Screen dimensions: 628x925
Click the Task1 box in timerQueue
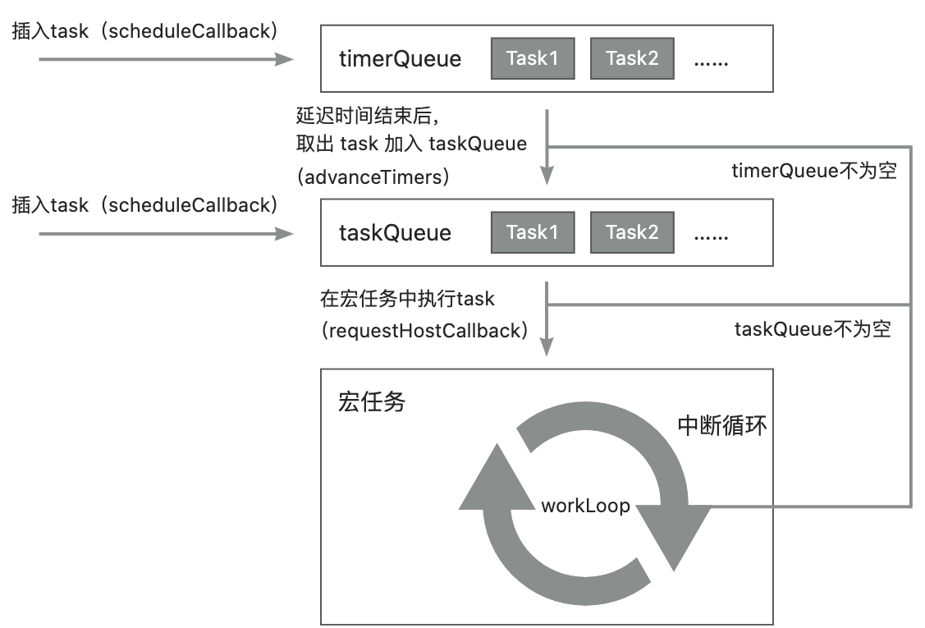[532, 58]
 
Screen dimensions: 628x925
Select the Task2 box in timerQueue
[632, 58]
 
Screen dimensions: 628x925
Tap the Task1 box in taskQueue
[532, 232]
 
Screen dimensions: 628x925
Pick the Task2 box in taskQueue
[632, 232]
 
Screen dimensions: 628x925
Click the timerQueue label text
[400, 59]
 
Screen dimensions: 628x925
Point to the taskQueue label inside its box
[395, 233]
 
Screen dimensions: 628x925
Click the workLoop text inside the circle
[585, 506]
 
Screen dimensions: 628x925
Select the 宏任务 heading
[372, 402]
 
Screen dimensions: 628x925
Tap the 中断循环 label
[722, 425]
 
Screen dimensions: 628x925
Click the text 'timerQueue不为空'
[813, 172]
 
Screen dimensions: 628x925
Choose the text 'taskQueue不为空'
[812, 330]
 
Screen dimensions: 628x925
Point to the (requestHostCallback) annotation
[424, 331]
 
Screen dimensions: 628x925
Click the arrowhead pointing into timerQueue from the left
[285, 59]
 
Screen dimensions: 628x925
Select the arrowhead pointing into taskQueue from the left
[285, 234]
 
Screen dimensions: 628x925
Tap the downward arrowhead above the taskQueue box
[547, 174]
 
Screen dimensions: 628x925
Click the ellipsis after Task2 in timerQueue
[711, 59]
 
